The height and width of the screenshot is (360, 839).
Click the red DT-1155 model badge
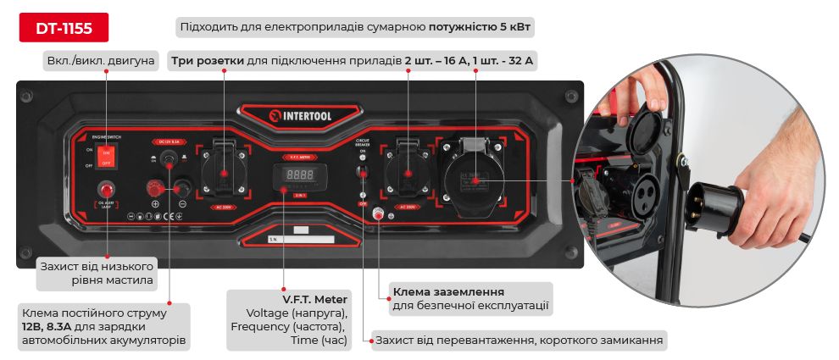point(64,27)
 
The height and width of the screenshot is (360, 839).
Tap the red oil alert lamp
point(107,190)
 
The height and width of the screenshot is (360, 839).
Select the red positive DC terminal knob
point(156,188)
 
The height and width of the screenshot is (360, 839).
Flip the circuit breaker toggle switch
point(362,172)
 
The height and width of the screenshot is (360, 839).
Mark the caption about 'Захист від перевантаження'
point(519,341)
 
